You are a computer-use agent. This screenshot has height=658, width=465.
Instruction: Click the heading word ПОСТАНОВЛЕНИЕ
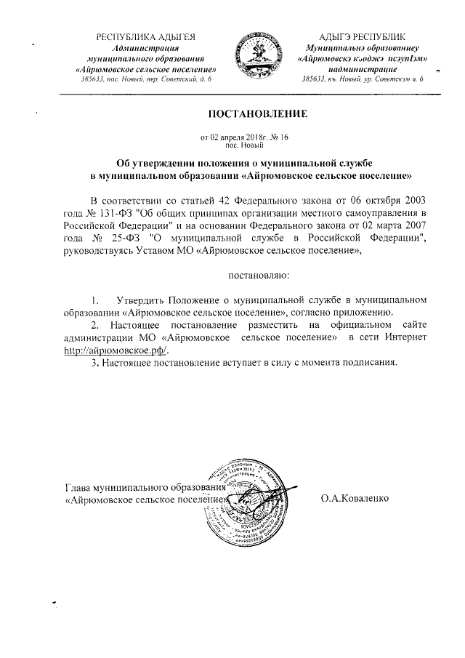pyautogui.click(x=259, y=114)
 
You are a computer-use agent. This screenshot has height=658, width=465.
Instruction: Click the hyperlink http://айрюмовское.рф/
pyautogui.click(x=117, y=349)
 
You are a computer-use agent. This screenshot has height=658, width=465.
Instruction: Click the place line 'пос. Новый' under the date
pyautogui.click(x=259, y=145)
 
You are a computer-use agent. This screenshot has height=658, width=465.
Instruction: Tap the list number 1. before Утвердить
pyautogui.click(x=95, y=300)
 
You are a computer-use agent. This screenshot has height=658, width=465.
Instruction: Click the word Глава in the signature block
pyautogui.click(x=78, y=486)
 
